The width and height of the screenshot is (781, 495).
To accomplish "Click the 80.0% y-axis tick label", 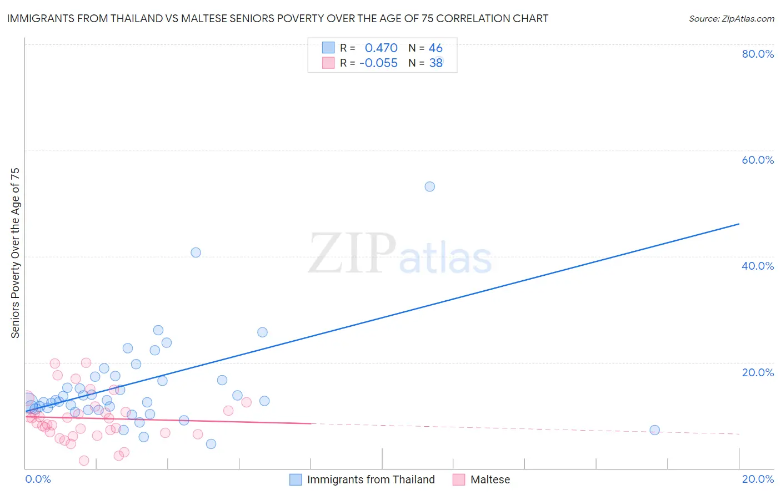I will point(758,54).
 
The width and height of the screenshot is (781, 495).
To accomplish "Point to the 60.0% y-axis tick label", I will point(758,160).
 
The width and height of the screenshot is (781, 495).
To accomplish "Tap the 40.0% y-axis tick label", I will point(758,266).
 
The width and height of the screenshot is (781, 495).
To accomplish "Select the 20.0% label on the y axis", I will point(758,372).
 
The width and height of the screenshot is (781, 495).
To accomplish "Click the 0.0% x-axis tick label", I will point(38,479).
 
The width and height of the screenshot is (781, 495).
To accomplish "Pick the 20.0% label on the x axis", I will point(758,479).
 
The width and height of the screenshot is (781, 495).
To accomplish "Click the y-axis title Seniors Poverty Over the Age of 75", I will point(16,253).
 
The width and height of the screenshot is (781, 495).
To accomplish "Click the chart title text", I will point(277,18).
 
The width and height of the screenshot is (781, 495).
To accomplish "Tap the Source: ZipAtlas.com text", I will point(731,18).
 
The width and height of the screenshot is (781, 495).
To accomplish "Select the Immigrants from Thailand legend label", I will point(371,479).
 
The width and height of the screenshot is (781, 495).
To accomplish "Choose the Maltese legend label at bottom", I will point(490,479).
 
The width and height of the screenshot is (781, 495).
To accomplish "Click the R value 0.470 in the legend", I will point(381,48).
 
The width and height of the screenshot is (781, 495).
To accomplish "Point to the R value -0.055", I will point(378,63).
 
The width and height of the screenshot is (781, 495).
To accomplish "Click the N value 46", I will point(435,48).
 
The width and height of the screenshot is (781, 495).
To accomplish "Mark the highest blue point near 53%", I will point(429,186).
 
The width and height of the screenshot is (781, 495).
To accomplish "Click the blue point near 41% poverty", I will point(196,252).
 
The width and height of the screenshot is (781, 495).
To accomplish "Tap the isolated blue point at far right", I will point(654,430).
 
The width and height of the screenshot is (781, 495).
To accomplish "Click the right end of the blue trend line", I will point(739,224).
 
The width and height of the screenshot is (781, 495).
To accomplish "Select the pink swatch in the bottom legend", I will point(458,479).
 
